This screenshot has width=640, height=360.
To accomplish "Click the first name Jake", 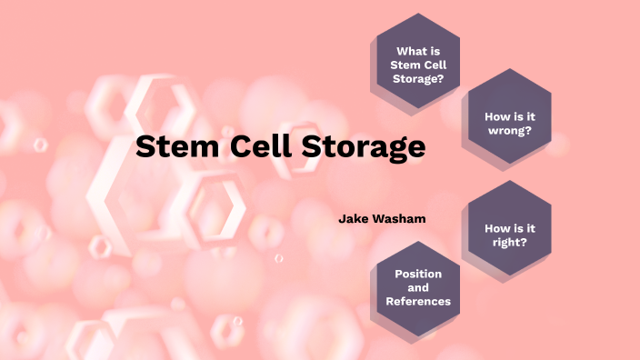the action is click(x=352, y=218).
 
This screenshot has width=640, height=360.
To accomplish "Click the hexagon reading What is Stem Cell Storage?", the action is click(x=417, y=64).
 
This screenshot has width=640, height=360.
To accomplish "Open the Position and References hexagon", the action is click(x=417, y=287).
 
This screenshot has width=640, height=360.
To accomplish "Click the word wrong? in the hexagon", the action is click(x=509, y=130).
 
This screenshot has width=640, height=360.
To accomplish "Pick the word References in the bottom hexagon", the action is click(x=418, y=301).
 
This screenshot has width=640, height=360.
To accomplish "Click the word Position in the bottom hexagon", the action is click(x=418, y=274).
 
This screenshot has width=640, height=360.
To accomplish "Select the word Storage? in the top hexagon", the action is click(x=417, y=78).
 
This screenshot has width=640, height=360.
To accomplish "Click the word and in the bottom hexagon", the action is click(x=418, y=287).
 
